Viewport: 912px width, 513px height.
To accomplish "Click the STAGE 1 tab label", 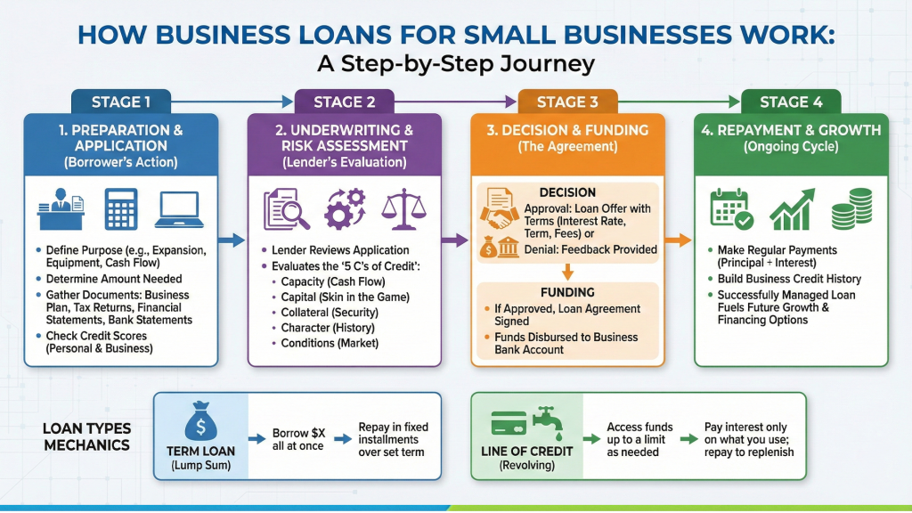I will point(121,102).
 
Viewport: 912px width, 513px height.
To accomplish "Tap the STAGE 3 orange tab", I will point(567,102).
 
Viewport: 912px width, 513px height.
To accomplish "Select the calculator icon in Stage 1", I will point(120,211).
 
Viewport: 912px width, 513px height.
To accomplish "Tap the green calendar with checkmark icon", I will point(731,211).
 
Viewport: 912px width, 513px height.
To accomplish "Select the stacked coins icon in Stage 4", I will point(851,211).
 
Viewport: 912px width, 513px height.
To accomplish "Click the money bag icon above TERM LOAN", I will point(200,419).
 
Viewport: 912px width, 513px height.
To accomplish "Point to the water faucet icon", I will point(544,419).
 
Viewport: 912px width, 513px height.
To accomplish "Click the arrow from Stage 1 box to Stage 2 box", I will point(232,240).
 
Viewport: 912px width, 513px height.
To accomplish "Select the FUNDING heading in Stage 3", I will point(567,291).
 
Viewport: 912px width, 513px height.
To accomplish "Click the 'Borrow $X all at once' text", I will point(298,439).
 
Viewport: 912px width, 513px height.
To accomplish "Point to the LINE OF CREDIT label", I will point(526,451).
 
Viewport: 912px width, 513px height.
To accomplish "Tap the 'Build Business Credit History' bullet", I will point(789,279).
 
